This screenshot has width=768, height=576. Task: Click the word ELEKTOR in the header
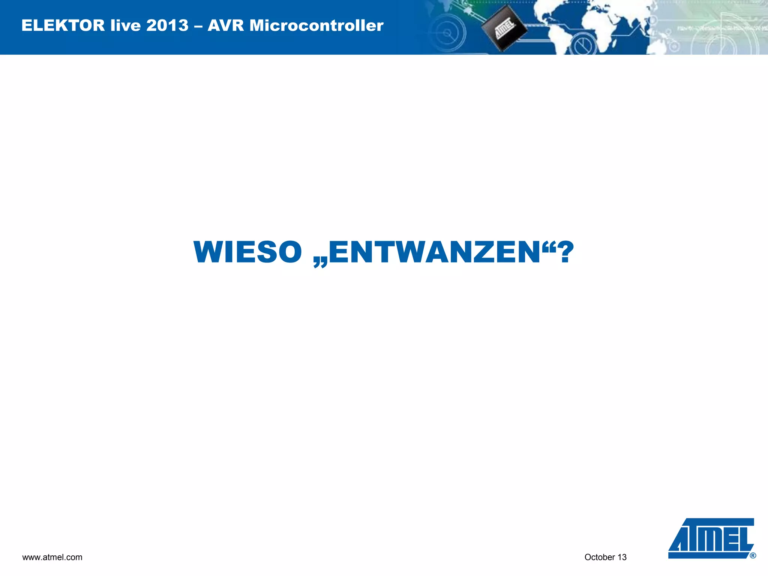[63, 25]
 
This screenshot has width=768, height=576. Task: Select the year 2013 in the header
[167, 25]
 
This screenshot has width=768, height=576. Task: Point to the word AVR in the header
[226, 25]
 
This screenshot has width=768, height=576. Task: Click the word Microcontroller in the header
[316, 25]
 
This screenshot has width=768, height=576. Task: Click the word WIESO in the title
[247, 252]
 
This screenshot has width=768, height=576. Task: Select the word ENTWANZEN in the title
[434, 252]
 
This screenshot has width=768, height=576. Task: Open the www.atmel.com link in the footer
[52, 557]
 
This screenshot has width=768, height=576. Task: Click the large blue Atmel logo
[711, 538]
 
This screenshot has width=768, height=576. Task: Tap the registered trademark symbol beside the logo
[753, 556]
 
